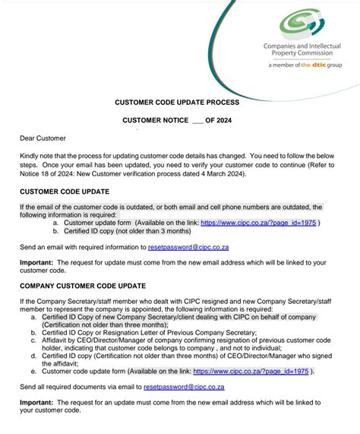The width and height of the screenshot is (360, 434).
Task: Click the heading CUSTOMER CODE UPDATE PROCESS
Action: pyautogui.click(x=177, y=101)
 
